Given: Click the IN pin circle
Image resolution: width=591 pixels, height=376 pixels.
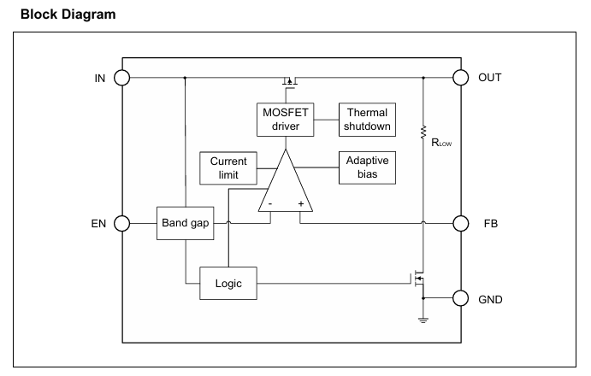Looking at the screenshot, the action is (121, 78).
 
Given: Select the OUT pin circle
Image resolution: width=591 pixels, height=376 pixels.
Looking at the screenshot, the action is (461, 78).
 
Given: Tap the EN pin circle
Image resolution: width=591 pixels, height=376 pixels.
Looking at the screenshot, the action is (121, 223).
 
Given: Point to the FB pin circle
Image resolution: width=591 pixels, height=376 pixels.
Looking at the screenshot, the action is (461, 223).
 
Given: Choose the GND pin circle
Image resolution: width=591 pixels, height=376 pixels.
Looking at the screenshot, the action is (461, 298).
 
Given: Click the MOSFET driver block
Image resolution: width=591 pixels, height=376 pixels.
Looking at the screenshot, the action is (286, 120).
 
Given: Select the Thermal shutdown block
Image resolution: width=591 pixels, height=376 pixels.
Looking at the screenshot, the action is (367, 120).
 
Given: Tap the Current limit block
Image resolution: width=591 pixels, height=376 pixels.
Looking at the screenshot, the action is (228, 168).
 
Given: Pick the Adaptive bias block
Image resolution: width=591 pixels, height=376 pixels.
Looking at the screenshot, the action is (367, 167).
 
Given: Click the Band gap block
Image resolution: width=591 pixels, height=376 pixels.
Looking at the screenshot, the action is (185, 223).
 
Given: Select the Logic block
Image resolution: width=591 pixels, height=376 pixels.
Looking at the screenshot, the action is (228, 284).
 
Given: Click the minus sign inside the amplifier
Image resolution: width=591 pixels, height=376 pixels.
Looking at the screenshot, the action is (270, 204).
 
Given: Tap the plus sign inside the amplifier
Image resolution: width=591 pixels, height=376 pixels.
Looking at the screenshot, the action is (301, 204).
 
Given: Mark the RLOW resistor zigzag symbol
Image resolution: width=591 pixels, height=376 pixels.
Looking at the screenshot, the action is (423, 132).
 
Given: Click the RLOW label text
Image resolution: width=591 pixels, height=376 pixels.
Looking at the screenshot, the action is (441, 143).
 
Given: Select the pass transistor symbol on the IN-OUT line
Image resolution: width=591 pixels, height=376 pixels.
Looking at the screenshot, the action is (290, 82).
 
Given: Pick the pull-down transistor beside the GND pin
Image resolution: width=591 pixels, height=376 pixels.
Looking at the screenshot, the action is (418, 279).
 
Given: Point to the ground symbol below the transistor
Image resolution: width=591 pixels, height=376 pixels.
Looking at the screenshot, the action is (423, 320).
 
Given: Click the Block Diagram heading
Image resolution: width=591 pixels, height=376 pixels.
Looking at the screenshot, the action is (68, 15).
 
